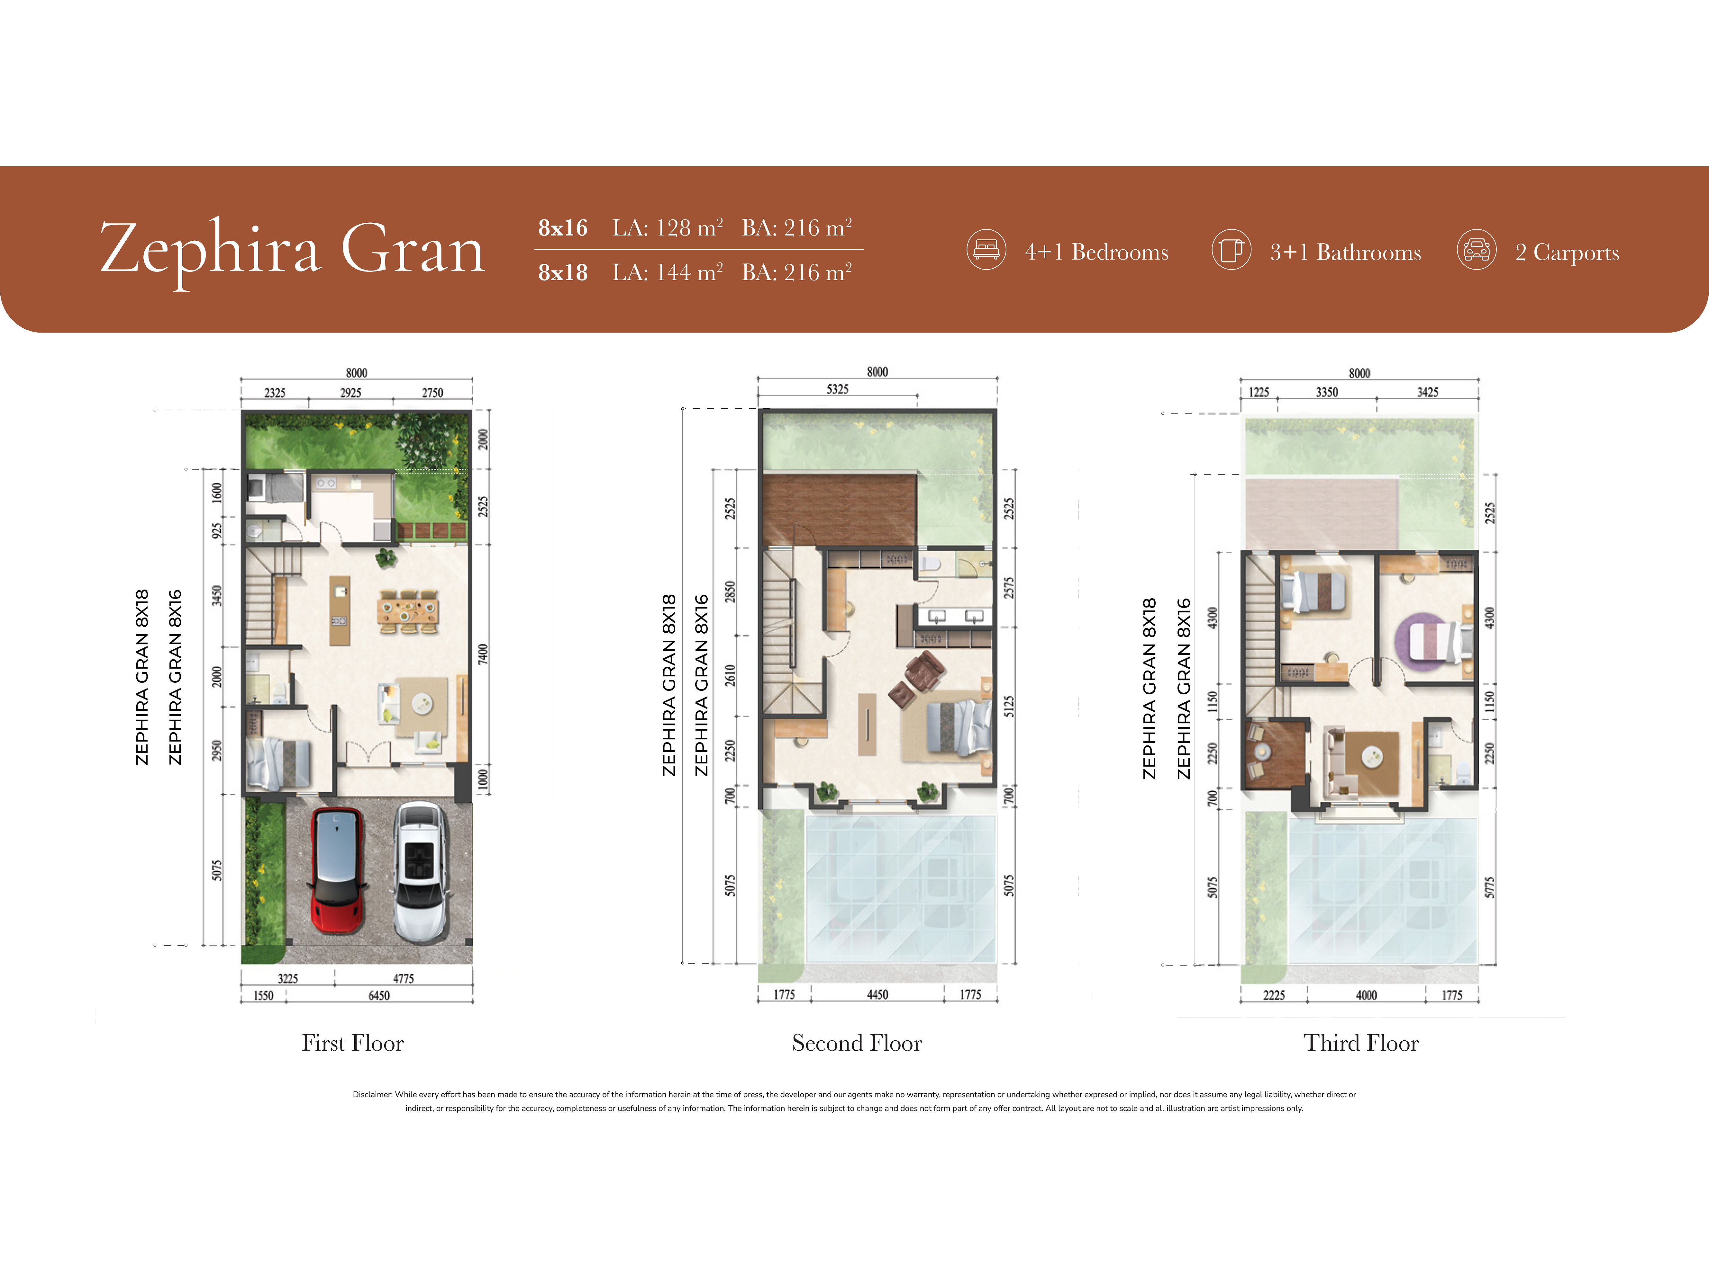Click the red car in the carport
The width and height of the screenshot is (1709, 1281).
pos(337,870)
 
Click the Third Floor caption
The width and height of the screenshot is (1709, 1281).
pos(1361,1043)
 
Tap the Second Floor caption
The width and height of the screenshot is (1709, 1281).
pos(857,1043)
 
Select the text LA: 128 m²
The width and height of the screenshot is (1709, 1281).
pos(668,228)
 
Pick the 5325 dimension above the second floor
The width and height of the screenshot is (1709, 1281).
pos(838,389)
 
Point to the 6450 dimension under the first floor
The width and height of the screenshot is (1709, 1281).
pos(378,995)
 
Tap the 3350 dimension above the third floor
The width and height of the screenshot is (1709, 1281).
pos(1327,392)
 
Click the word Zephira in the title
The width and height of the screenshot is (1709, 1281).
pos(210,249)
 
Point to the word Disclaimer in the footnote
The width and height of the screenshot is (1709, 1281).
pos(372,1094)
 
